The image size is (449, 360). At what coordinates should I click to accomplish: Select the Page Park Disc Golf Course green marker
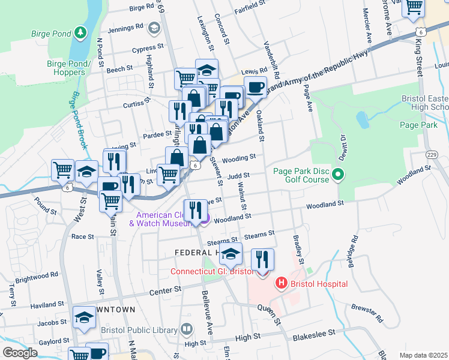pos(338,175)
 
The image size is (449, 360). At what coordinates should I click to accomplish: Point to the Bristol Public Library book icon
pos(187,329)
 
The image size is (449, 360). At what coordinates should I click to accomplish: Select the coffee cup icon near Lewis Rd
pos(255,88)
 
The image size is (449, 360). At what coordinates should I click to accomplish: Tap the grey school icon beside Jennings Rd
pos(154,28)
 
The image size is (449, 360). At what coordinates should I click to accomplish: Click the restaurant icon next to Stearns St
pos(262,259)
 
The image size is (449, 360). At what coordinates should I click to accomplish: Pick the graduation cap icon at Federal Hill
pos(231,254)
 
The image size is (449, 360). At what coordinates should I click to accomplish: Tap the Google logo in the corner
pos(20,352)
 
